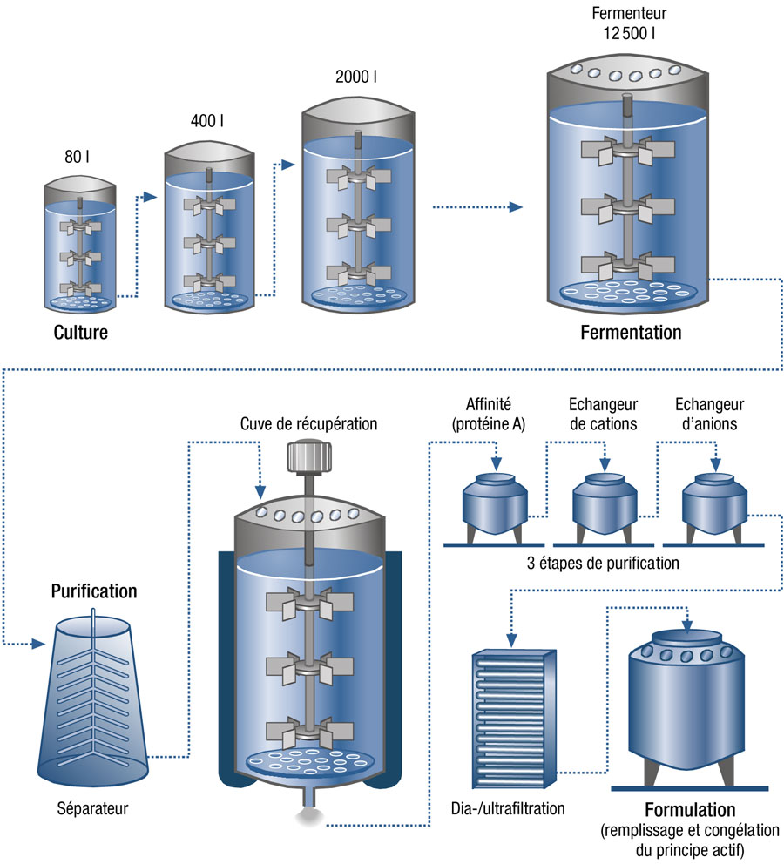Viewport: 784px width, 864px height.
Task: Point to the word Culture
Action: pyautogui.click(x=80, y=332)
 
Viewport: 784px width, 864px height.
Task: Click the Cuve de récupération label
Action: pyautogui.click(x=309, y=425)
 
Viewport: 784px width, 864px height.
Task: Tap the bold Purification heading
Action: pyautogui.click(x=94, y=591)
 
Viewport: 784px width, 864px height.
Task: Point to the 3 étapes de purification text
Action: pyautogui.click(x=604, y=564)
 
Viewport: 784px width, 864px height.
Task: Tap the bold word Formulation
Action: pyautogui.click(x=690, y=810)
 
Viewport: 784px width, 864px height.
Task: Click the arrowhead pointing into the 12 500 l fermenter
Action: pyautogui.click(x=516, y=207)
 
